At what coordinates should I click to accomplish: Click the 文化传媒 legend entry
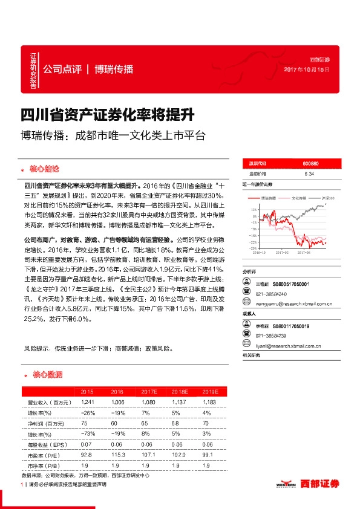pos(299,198)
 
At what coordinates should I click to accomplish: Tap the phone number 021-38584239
pos(272,336)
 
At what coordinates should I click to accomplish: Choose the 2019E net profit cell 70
pos(206,424)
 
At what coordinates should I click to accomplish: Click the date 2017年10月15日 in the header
pos(311,69)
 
